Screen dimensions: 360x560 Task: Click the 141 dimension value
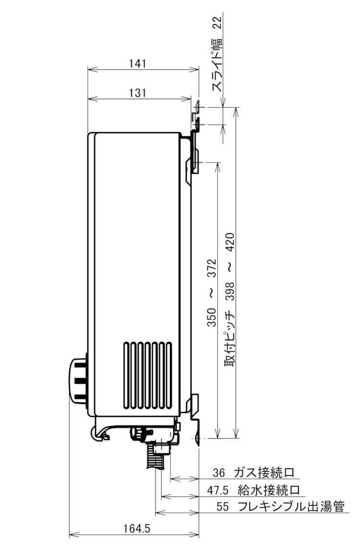click(137, 63)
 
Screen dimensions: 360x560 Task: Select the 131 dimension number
click(137, 93)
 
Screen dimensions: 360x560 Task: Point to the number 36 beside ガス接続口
click(219, 473)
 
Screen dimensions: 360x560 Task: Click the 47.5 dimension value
click(217, 490)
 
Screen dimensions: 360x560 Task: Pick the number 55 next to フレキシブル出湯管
click(222, 506)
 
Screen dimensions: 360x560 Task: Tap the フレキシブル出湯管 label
click(291, 506)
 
